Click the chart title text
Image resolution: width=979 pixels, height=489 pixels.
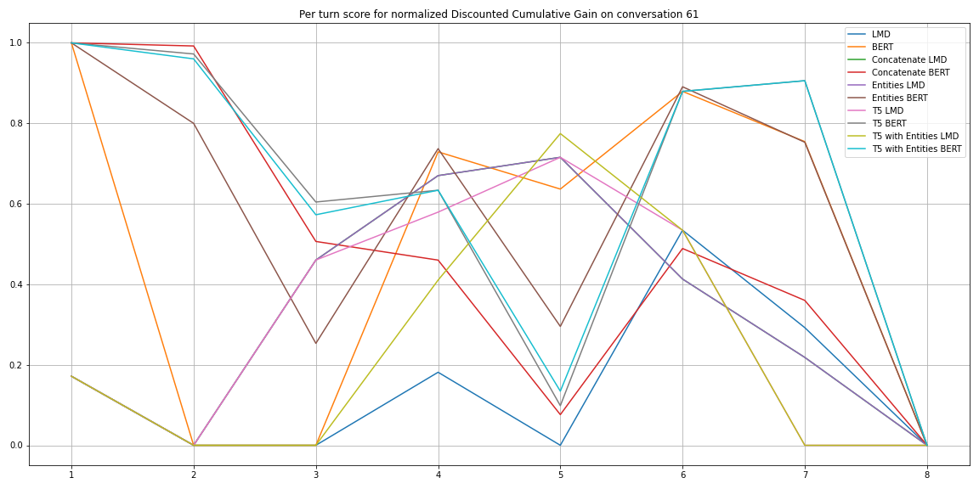point(498,14)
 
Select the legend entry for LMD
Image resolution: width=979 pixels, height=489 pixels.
point(880,35)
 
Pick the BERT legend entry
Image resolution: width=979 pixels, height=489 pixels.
point(882,48)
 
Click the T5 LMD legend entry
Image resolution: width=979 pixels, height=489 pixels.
point(888,111)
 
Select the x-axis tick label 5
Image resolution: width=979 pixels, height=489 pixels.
point(560,475)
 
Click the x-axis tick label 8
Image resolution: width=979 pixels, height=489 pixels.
point(927,475)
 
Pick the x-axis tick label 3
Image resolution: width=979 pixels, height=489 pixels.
point(316,475)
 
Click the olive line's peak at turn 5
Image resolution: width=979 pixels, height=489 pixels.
point(560,133)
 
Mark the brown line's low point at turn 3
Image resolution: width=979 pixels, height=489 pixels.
point(316,343)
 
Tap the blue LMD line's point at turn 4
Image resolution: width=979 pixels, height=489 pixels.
point(439,372)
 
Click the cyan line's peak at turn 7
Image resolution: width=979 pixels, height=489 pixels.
point(805,81)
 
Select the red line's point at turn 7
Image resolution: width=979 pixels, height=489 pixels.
point(805,301)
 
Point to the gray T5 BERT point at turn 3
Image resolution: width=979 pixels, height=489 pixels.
point(316,202)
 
